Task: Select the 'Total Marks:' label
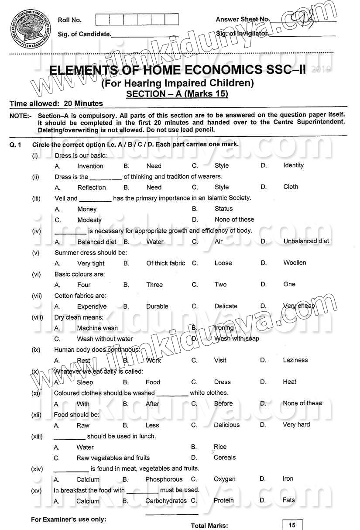(209, 526)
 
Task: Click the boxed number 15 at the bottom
(292, 525)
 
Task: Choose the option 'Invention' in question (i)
(90, 166)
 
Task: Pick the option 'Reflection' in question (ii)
(92, 187)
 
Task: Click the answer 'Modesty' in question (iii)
(89, 220)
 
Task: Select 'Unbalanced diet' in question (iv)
(306, 241)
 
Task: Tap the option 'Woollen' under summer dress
(295, 263)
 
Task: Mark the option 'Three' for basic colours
(154, 285)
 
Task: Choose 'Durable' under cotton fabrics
(157, 306)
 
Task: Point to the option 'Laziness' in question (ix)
(295, 360)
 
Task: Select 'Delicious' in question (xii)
(227, 425)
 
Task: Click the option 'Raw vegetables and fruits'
(113, 458)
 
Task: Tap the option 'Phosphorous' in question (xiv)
(164, 479)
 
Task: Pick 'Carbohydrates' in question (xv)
(166, 501)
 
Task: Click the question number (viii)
(37, 317)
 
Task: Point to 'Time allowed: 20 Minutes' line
(56, 104)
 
